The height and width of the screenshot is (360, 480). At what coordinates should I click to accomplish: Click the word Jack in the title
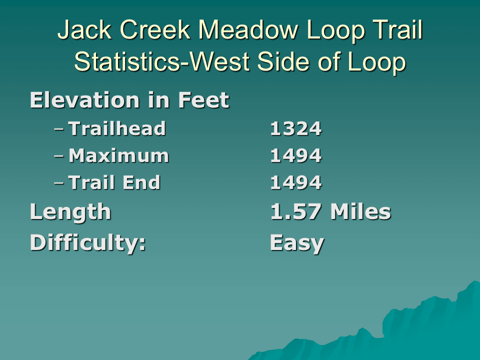(84, 29)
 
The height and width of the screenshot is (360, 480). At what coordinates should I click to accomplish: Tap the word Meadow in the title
(248, 29)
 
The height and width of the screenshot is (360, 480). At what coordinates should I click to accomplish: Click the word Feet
(203, 100)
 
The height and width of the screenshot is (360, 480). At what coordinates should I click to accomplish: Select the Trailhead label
(117, 128)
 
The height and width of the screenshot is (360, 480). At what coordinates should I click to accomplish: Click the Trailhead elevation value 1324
(296, 128)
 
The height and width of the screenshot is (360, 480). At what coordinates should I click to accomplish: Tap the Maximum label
(119, 156)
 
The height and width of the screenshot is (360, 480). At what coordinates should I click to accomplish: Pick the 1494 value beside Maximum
(296, 156)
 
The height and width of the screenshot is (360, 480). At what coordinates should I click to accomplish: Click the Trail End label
(114, 182)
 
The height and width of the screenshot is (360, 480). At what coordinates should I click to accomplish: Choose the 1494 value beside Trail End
(296, 183)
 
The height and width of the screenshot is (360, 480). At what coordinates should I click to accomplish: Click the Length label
(70, 212)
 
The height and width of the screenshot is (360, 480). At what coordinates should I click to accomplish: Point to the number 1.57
(296, 212)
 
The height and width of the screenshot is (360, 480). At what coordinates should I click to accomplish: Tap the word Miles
(361, 211)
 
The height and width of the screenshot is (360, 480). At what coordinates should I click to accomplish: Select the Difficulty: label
(88, 243)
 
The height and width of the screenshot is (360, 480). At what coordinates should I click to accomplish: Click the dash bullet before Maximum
(59, 156)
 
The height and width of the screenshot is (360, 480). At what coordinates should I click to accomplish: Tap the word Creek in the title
(155, 29)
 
